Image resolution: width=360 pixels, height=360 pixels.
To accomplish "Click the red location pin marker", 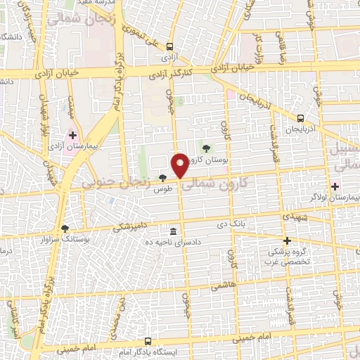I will pyautogui.click(x=180, y=165).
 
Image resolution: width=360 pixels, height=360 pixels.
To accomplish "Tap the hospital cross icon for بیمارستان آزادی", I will pyautogui.click(x=72, y=134).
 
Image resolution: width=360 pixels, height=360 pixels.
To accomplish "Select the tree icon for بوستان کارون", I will pyautogui.click(x=206, y=148).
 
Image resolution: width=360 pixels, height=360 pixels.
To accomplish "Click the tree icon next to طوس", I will pyautogui.click(x=163, y=179).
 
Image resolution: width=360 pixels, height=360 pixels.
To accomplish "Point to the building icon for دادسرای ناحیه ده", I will pyautogui.click(x=173, y=231).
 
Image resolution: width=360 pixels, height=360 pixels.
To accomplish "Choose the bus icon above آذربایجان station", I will pyautogui.click(x=301, y=118).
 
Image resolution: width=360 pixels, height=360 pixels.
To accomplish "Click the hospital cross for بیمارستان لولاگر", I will pyautogui.click(x=335, y=187).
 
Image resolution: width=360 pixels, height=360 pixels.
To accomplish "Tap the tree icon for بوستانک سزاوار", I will pyautogui.click(x=65, y=229).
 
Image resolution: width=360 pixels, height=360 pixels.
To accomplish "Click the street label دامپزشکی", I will pyautogui.click(x=131, y=226).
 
